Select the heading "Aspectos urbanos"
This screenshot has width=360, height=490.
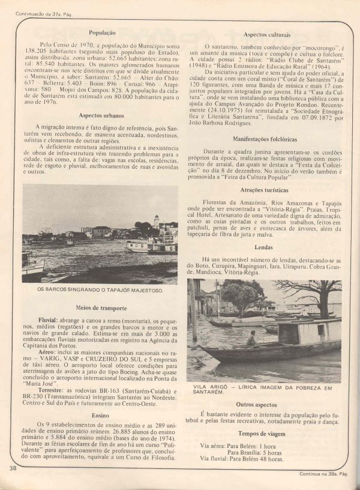click(x=100, y=115)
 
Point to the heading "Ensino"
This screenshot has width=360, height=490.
click(x=101, y=414)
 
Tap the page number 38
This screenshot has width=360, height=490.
click(x=13, y=468)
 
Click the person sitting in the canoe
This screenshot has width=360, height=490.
click(x=251, y=339)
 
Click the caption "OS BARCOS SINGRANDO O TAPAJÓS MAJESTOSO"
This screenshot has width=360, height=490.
click(x=100, y=291)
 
